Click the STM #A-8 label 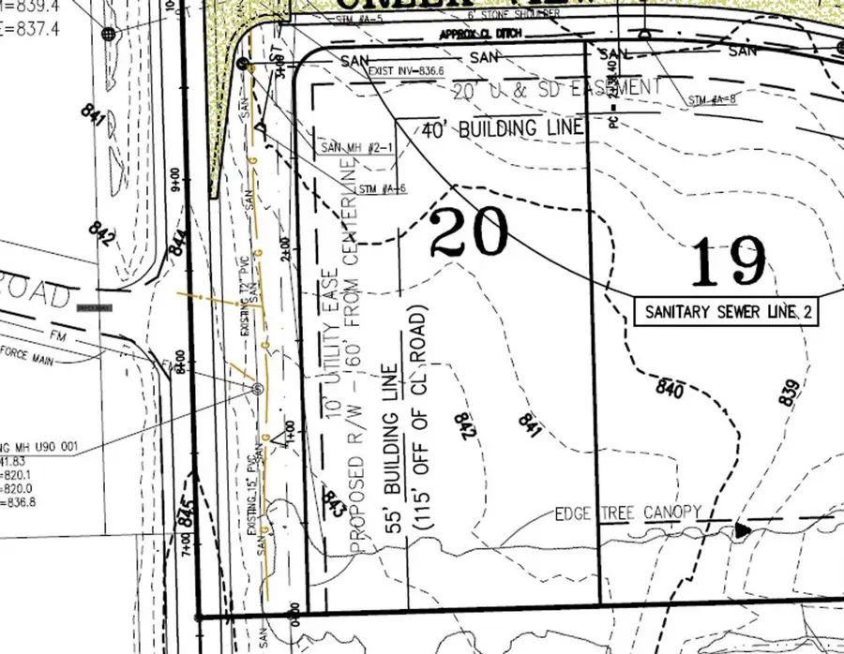tap(711, 98)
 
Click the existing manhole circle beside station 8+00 tap(258, 387)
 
